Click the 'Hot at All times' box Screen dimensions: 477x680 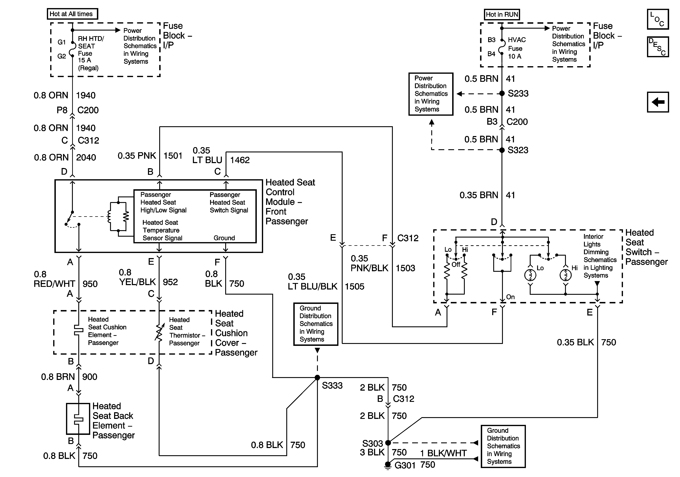72,14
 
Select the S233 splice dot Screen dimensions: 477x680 502,94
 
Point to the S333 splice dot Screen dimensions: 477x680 317,377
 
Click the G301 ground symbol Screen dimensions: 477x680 388,465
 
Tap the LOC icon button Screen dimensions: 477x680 658,19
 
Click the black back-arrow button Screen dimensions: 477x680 658,102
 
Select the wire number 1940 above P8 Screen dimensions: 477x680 86,95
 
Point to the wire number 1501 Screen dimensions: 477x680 173,156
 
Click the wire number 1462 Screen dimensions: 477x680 240,160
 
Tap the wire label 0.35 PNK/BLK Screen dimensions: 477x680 369,263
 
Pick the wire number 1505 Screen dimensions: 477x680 355,287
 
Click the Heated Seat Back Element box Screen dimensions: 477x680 78,419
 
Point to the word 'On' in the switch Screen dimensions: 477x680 510,297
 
